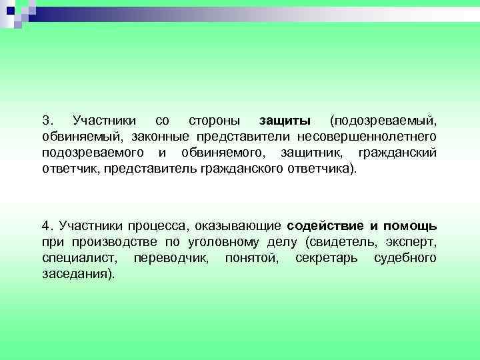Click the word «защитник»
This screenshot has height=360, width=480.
(315, 153)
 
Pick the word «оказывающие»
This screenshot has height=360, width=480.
(239, 225)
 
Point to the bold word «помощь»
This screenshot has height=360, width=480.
(410, 225)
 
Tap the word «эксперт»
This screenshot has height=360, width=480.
(412, 241)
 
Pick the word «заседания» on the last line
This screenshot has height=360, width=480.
(78, 273)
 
